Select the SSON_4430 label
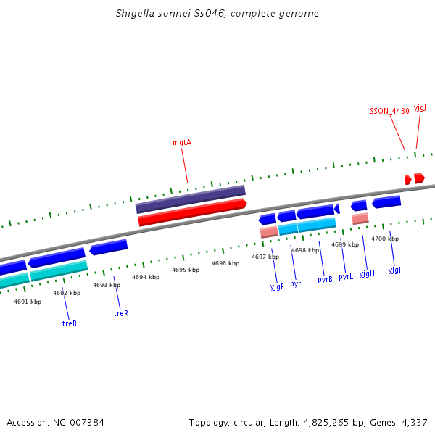[389, 111]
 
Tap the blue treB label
[69, 323]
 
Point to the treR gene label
[121, 313]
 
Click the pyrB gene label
[325, 279]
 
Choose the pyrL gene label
[346, 277]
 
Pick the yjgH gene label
[367, 273]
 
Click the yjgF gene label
[277, 286]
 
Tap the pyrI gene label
[297, 283]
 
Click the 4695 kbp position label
[185, 270]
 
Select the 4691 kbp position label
[28, 302]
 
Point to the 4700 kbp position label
[384, 239]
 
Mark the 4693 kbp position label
[107, 285]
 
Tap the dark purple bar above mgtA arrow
[191, 199]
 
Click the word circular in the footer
[248, 422]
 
